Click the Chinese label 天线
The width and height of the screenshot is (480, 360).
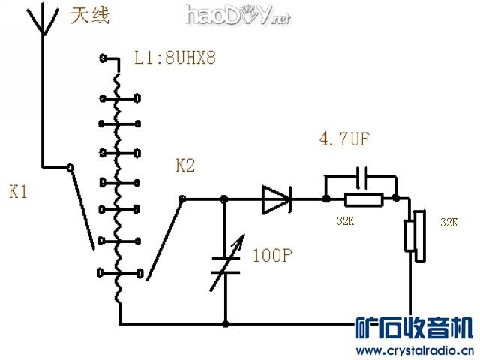point(90,16)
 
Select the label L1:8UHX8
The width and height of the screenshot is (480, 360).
point(175,58)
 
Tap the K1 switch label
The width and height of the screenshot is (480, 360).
point(19,192)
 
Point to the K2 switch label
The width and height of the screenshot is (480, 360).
point(184,165)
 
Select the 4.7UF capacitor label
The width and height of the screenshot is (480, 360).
point(344,139)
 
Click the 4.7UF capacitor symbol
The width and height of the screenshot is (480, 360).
point(361,178)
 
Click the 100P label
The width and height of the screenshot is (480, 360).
point(272,255)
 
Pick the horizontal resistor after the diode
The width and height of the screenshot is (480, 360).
point(363,199)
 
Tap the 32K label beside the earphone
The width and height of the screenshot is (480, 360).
point(448,223)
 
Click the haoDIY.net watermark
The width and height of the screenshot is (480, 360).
point(236,14)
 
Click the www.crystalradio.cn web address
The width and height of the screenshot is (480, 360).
point(414,350)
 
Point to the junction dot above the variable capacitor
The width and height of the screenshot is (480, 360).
point(225,199)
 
